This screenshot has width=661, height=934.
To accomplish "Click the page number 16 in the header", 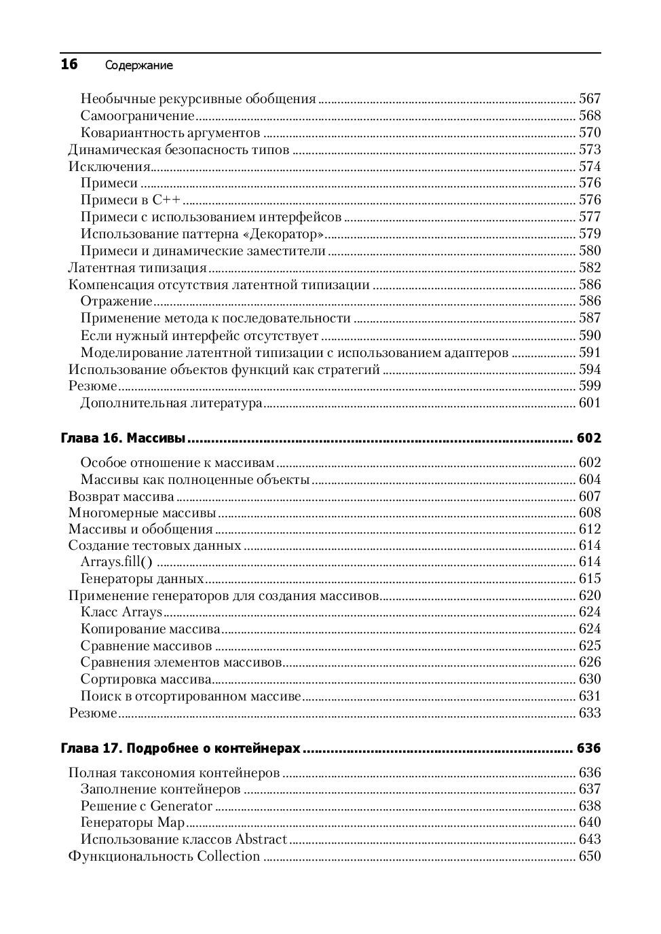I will pos(69,64).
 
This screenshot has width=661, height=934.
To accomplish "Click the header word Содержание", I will pos(139,66).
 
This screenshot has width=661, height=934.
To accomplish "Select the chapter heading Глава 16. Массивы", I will pos(123,438).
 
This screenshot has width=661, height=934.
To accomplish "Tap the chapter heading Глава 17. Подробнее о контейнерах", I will pos(181,749).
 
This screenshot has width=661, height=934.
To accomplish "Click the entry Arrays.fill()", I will pos(116,562).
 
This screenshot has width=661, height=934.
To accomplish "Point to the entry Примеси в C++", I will pos(131,200).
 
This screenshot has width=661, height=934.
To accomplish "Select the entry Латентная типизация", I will pos(138,268).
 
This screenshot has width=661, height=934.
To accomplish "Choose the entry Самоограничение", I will pos(137,116).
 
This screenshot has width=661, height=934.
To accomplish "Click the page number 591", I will pos(590,352).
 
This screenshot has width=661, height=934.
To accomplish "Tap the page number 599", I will pos(590,386).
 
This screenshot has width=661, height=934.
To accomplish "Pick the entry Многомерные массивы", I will pos(143,513).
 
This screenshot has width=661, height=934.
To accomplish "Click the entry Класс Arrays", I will pos(121,612).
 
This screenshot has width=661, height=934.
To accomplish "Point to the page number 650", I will pos(590,857).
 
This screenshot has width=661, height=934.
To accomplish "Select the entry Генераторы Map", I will pos(132,823).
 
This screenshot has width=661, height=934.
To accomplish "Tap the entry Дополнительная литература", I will pos(171,403).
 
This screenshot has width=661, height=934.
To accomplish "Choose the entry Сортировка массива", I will pos(146,679).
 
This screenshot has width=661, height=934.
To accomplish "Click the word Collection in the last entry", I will pos(229,857).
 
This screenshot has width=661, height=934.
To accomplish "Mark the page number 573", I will pos(590,150).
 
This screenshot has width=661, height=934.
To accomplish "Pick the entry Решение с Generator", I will pos(147,806).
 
